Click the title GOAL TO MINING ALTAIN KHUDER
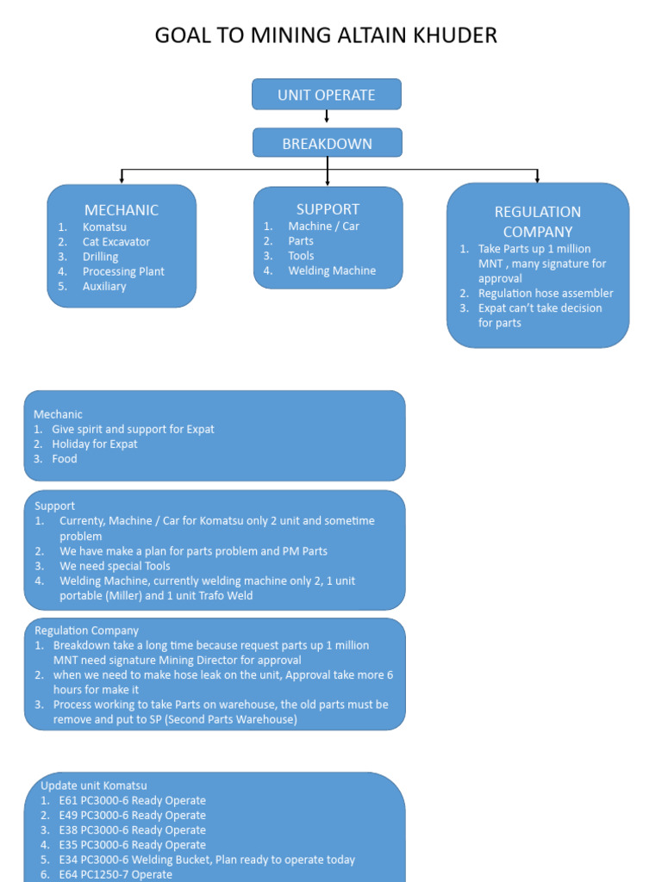[x=326, y=35]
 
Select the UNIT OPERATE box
[x=327, y=95]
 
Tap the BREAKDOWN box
[x=327, y=144]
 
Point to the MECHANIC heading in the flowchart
[x=122, y=210]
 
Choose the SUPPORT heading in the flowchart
[x=328, y=208]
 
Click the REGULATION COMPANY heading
[x=538, y=221]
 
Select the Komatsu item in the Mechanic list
[x=104, y=227]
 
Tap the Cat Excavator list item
[x=116, y=242]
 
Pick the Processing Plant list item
[x=123, y=271]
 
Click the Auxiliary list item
[x=104, y=286]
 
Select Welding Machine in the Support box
[x=332, y=270]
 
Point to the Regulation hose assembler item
[x=546, y=294]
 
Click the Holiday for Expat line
[x=95, y=444]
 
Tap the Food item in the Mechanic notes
[x=65, y=459]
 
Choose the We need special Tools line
[x=115, y=566]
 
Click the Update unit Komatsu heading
[x=94, y=786]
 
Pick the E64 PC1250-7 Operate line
[x=116, y=873]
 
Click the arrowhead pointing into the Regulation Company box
[x=537, y=179]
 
